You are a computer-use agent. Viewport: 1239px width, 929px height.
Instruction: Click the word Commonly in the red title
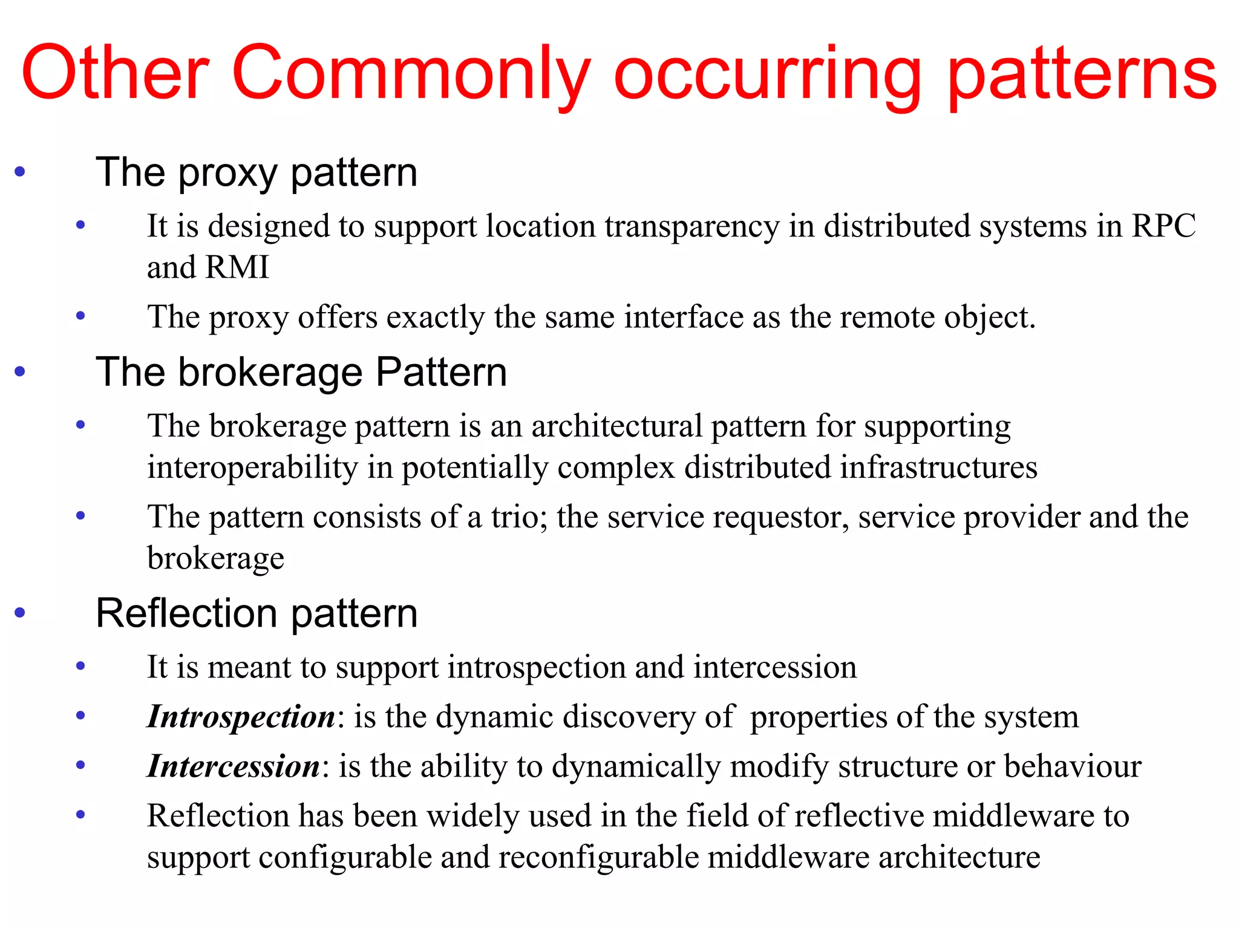411,74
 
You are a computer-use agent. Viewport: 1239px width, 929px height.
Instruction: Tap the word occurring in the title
767,74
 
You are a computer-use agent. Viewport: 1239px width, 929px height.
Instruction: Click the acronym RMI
237,267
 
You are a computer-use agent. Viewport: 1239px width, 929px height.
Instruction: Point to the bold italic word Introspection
241,717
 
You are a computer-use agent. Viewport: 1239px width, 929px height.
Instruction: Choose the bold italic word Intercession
234,767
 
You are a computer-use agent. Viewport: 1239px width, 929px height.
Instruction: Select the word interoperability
253,468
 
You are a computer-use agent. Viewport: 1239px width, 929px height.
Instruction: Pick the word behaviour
1073,767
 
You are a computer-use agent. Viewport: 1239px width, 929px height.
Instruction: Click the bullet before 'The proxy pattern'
20,172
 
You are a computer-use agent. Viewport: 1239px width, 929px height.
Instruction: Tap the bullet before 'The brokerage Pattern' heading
20,371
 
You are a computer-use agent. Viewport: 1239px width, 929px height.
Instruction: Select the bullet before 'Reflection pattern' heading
20,613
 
